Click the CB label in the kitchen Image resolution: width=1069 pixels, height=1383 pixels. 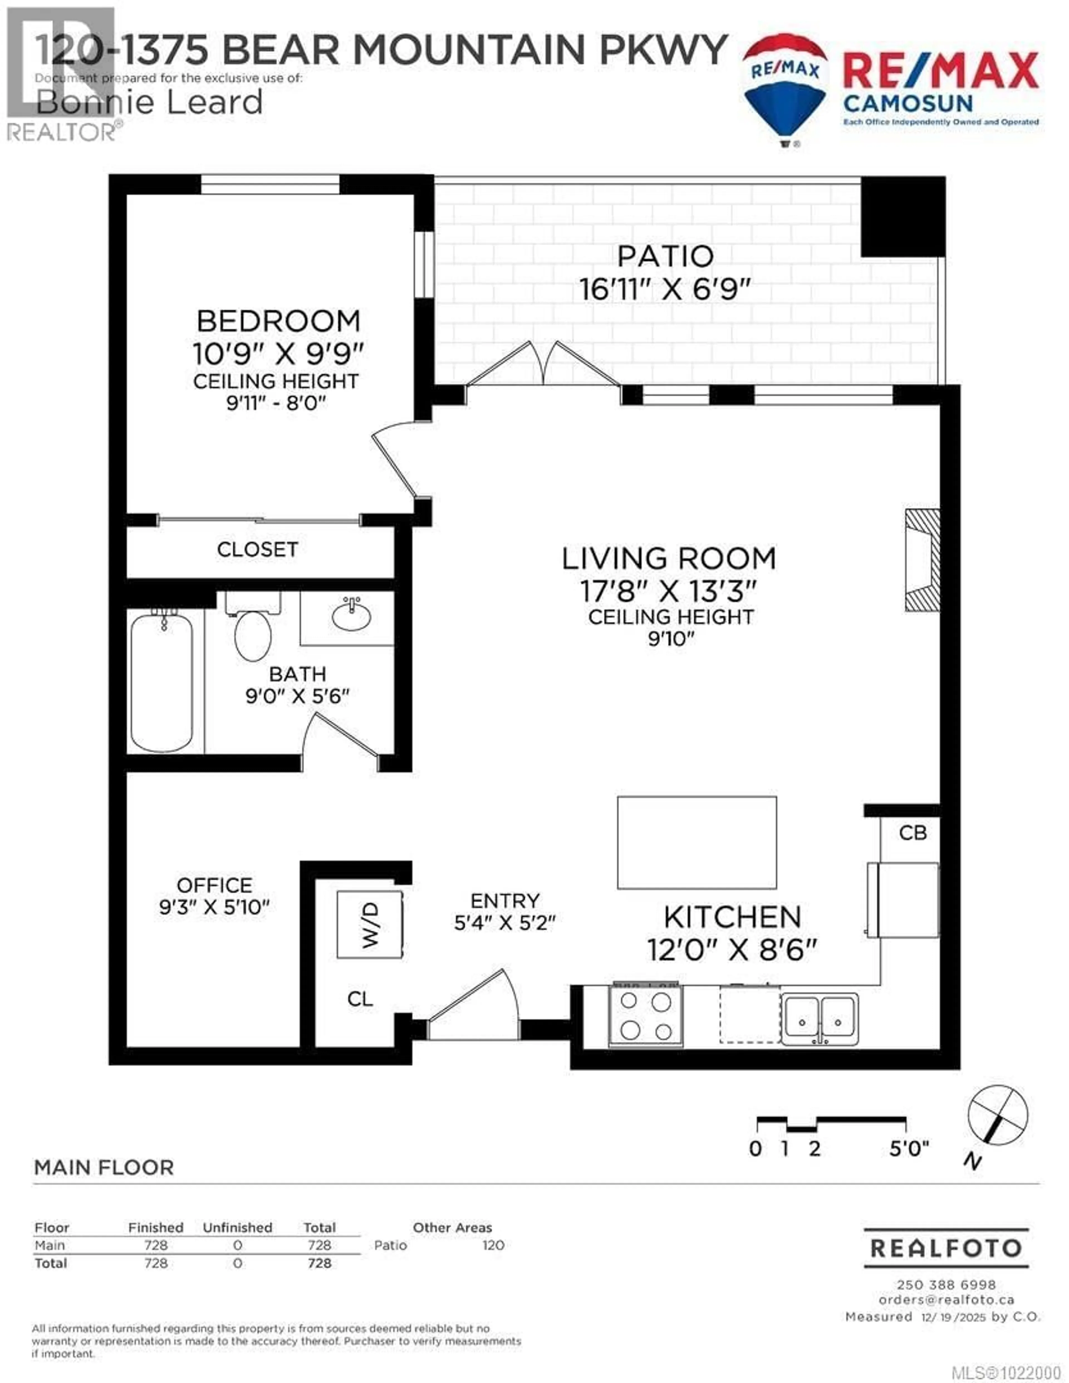[x=913, y=833]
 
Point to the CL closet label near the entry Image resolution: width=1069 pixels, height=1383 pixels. [x=360, y=999]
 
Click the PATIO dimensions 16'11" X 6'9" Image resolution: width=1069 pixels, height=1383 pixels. [x=665, y=290]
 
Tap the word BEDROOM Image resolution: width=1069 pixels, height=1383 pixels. [x=279, y=321]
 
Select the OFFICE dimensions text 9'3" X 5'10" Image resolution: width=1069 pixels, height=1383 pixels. [x=214, y=907]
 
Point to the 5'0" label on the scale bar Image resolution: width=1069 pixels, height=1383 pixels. [x=909, y=1149]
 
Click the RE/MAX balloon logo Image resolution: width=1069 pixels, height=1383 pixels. [x=785, y=89]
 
